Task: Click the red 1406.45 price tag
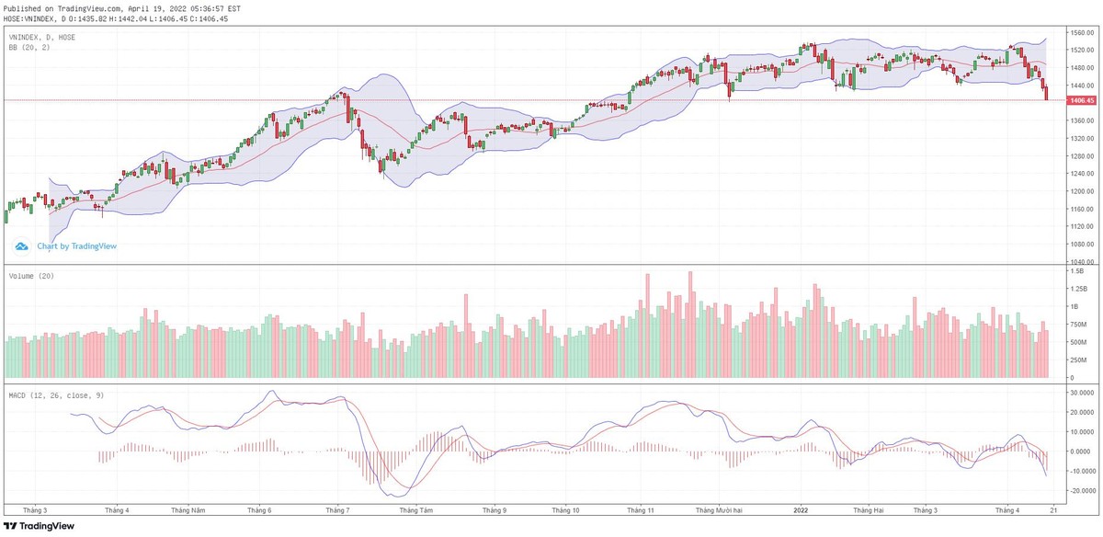point(1075,99)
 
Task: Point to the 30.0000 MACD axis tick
point(1077,392)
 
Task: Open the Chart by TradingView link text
point(76,246)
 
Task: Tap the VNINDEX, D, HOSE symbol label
point(42,37)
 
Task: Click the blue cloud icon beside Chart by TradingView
point(22,246)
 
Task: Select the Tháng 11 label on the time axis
point(640,509)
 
